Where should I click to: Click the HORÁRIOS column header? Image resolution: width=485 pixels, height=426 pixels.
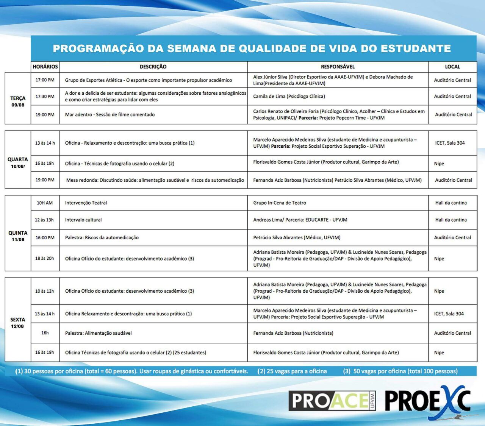tap(45, 67)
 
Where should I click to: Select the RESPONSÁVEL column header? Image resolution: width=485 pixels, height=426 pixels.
tap(338, 67)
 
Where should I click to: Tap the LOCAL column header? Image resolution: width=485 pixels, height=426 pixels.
tap(452, 67)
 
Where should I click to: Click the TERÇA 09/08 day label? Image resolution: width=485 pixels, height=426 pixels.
tap(18, 101)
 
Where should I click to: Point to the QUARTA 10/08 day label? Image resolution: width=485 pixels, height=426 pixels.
tap(18, 162)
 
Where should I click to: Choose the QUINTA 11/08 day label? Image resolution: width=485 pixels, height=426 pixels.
tap(18, 236)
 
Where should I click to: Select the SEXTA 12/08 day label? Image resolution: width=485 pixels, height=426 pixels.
tap(18, 323)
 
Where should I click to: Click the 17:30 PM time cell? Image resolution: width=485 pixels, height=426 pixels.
tap(45, 97)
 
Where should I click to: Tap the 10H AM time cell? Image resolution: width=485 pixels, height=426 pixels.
tap(45, 203)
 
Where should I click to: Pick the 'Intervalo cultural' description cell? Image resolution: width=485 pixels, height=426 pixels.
tap(83, 220)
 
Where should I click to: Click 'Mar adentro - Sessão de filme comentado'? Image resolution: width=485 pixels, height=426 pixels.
tap(110, 115)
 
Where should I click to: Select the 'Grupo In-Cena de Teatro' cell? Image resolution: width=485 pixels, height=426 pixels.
tap(280, 203)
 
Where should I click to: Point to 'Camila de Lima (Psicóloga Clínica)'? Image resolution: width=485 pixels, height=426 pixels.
tap(289, 97)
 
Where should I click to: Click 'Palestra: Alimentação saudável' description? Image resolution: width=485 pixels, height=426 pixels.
tap(99, 333)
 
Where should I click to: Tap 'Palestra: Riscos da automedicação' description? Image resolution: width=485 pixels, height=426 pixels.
tap(102, 238)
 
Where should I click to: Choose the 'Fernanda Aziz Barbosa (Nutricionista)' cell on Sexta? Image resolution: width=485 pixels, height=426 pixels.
tap(293, 333)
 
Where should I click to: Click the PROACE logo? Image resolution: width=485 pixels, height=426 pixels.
tap(332, 401)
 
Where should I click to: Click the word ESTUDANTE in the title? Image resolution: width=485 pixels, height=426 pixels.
tap(416, 48)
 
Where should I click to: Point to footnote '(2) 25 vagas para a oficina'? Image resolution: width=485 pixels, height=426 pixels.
tap(292, 371)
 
